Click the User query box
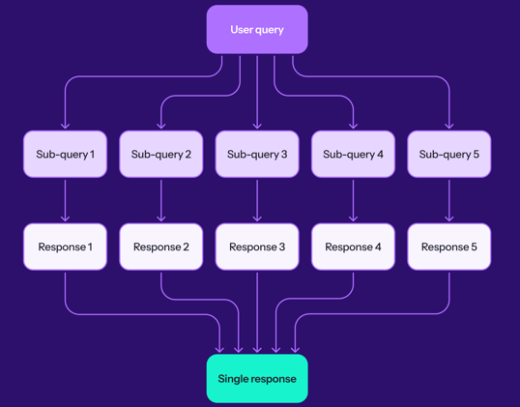click(257, 30)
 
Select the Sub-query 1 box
click(65, 155)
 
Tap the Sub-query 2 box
click(161, 155)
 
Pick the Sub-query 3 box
click(257, 155)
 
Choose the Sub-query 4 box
click(353, 155)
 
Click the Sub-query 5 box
click(449, 155)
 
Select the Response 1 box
click(65, 247)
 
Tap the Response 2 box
click(161, 247)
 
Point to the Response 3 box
click(257, 247)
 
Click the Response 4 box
click(353, 247)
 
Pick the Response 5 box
click(449, 247)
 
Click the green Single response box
click(257, 379)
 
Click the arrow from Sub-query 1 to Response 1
click(65, 200)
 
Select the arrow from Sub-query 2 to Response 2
click(161, 200)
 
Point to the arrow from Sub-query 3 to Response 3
click(257, 200)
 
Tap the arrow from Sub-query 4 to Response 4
click(353, 200)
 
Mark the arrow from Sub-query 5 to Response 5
click(449, 200)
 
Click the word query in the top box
click(271, 30)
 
